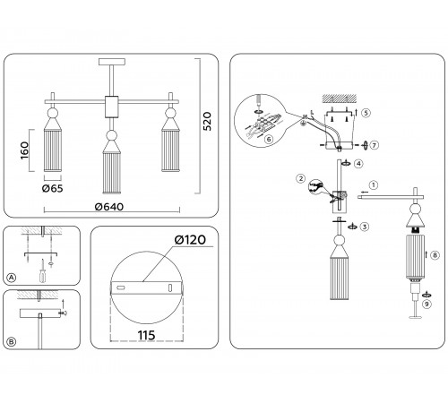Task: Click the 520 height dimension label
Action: [207, 121]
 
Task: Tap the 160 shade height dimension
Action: [25, 150]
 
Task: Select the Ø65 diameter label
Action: [53, 188]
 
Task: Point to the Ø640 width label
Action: [109, 207]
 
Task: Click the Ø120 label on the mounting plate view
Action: [190, 240]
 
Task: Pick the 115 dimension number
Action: [146, 335]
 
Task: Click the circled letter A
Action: [11, 278]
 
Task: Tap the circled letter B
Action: [11, 342]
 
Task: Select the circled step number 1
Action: [374, 185]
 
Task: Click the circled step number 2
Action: [301, 178]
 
